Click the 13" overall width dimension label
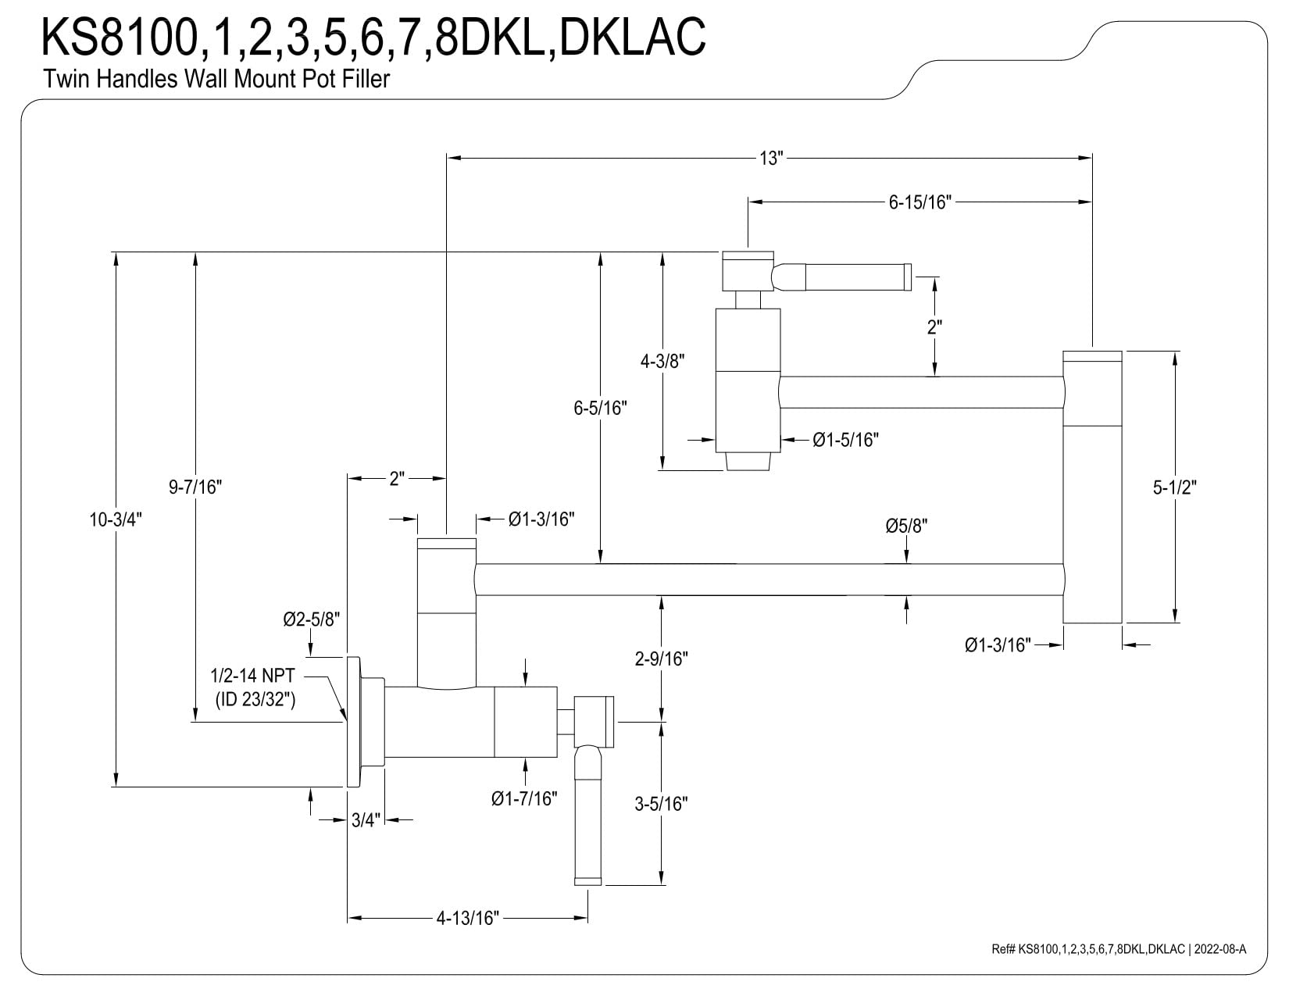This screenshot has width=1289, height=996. coord(771,159)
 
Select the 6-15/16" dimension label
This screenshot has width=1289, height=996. coord(919,202)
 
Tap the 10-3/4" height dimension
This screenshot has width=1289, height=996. coord(116,519)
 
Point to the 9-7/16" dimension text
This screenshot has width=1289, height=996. coord(195,487)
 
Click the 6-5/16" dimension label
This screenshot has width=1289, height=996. coord(600,408)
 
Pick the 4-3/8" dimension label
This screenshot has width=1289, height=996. coord(662,361)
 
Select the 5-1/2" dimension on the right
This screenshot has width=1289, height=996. coord(1174,487)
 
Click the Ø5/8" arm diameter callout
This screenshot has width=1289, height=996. coord(906,526)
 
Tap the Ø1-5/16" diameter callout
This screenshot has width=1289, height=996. coord(845,440)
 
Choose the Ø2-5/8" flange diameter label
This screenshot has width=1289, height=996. coord(312,619)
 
